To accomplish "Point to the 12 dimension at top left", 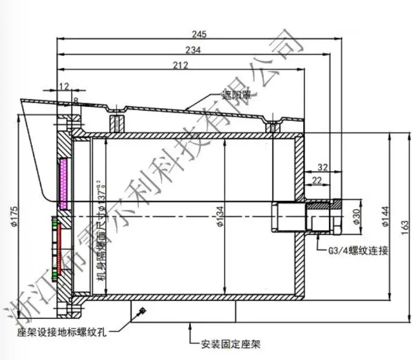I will (64, 86).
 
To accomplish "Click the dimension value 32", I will (322, 167).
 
